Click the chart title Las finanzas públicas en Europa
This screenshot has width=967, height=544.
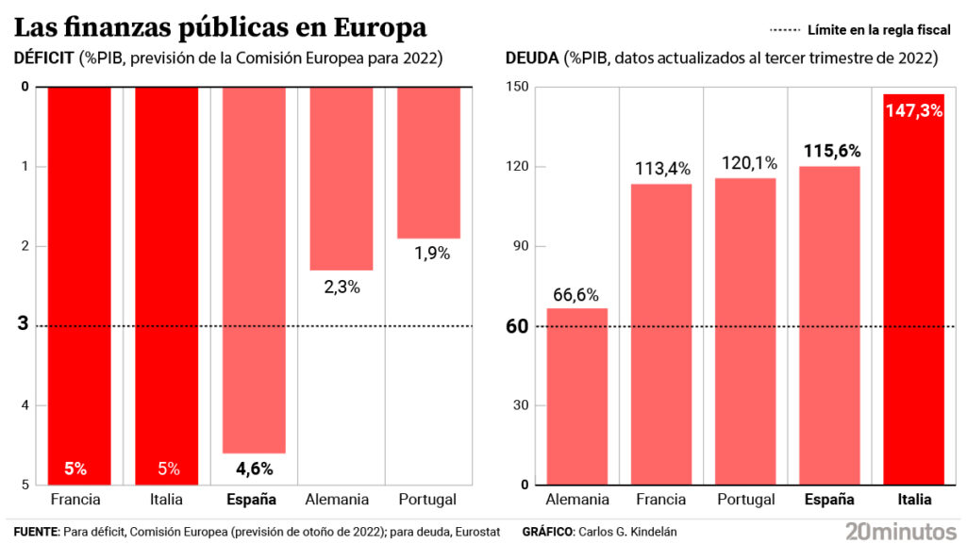[220, 26]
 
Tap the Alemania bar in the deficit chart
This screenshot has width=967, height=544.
[342, 178]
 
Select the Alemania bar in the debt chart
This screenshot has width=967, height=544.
[576, 396]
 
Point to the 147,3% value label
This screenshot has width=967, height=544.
[914, 110]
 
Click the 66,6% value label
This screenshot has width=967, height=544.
[576, 295]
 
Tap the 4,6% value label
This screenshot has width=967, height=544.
[254, 468]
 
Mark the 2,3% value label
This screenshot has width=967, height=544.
[342, 287]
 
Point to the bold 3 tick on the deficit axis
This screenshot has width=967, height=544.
[23, 325]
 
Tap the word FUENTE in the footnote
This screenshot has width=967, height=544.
[36, 532]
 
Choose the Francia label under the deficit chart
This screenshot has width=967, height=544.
[75, 500]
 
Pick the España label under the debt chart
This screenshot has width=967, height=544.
[828, 500]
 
